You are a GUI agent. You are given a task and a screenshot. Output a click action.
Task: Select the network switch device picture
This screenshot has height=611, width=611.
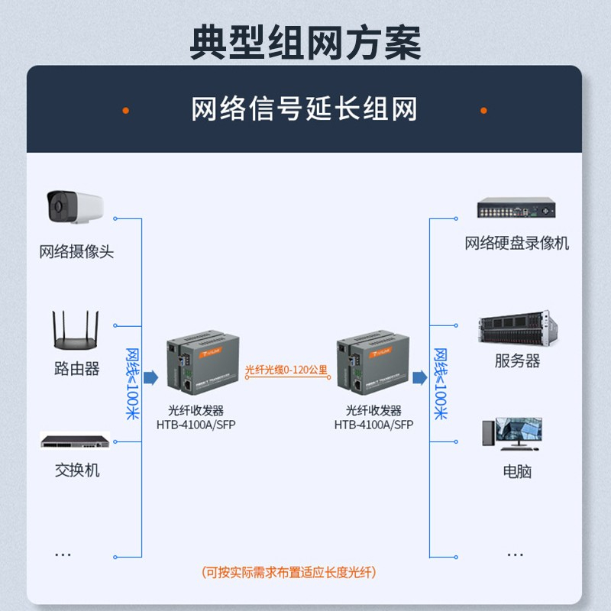76,442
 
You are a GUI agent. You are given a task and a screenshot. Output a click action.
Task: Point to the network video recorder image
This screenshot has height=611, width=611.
517,209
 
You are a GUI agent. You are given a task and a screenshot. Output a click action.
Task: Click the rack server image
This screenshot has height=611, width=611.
517,329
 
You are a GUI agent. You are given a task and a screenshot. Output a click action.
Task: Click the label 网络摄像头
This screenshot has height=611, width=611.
76,251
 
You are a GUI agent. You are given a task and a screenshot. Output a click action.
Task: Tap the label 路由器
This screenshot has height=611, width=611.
76,368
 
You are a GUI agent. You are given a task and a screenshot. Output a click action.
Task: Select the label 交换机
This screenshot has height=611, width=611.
76,470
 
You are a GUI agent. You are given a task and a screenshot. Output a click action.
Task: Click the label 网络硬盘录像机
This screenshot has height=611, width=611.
517,244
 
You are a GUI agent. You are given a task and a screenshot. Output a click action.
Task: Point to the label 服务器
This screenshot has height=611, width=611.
517,360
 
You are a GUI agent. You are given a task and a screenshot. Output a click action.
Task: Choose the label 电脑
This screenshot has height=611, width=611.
517,471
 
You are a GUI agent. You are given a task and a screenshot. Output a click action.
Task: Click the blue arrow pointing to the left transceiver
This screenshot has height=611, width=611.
151,377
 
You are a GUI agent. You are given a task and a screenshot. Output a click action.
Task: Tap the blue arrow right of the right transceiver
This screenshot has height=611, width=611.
419,377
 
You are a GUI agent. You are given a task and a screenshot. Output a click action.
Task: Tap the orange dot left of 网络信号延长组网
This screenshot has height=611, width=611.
126,111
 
